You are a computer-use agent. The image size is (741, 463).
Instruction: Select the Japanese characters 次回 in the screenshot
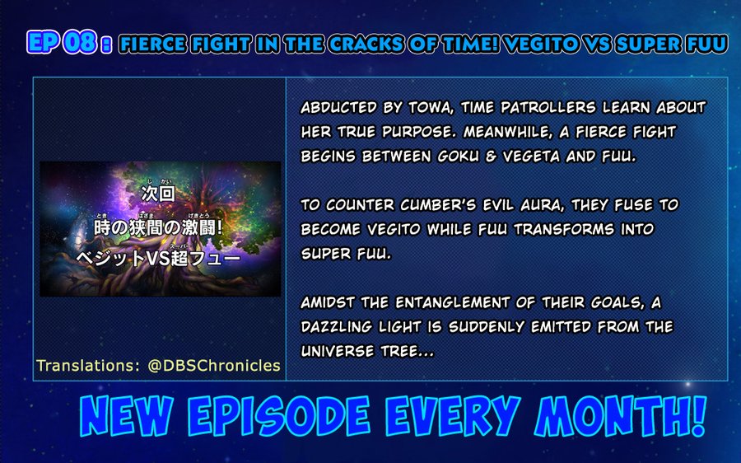(161, 195)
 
